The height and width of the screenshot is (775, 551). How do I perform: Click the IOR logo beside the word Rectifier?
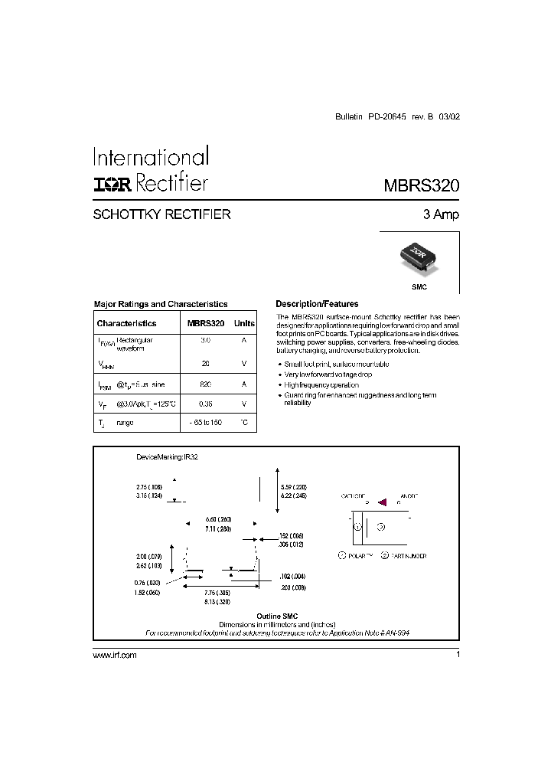point(113,183)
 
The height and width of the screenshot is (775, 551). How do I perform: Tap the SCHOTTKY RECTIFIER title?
point(161,215)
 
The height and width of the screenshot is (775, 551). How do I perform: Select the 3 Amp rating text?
point(441,215)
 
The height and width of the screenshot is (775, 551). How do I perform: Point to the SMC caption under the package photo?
point(419,286)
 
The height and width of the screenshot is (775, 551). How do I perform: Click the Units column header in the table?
point(244,324)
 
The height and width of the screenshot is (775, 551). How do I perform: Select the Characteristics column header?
point(126,324)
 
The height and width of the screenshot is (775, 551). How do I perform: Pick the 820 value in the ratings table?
point(205,384)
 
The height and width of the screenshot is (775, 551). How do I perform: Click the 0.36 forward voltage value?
point(205,404)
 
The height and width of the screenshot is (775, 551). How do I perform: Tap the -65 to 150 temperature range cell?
point(205,423)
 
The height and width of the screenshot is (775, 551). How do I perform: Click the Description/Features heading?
point(317,304)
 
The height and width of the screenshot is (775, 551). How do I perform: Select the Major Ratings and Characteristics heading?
point(160,304)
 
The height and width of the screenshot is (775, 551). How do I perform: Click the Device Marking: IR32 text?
point(167,457)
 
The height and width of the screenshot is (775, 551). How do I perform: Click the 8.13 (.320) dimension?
point(217,603)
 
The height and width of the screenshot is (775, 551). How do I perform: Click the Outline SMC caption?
point(277,616)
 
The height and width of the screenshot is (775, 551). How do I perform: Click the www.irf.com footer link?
point(115,656)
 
